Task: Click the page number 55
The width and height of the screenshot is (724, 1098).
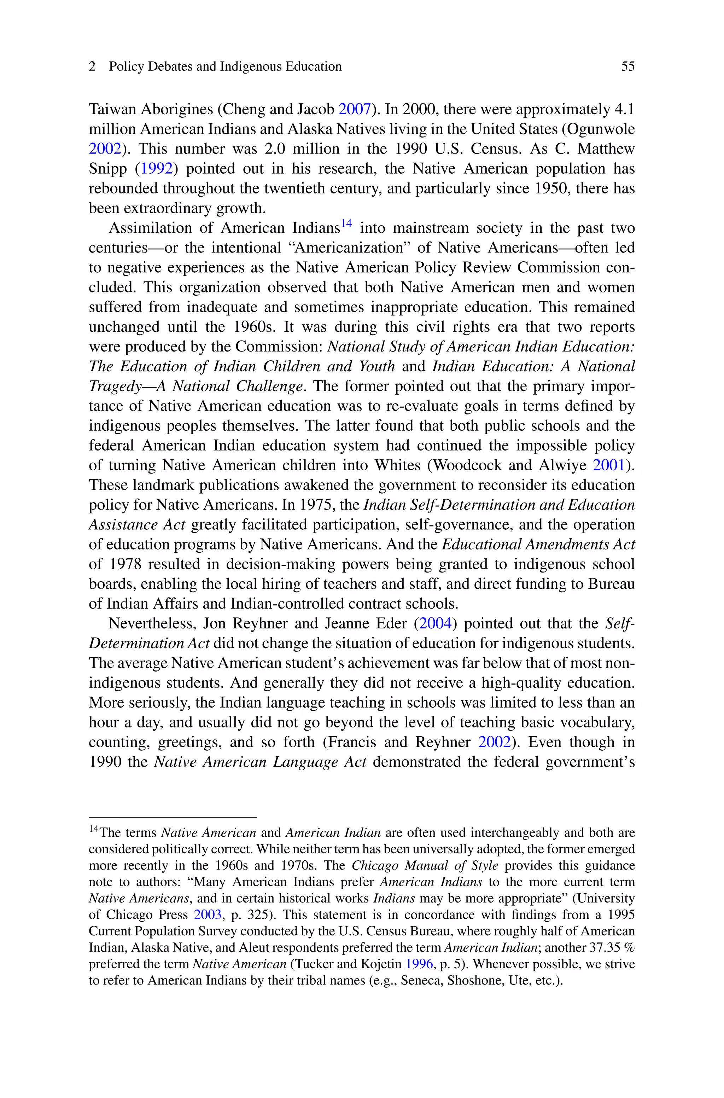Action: click(x=627, y=66)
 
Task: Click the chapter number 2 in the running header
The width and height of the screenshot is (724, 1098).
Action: click(x=92, y=66)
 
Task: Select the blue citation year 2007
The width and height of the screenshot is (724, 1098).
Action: click(x=355, y=109)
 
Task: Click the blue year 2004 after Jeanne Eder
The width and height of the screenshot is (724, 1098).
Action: click(x=435, y=624)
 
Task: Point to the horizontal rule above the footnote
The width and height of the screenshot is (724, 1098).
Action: click(x=173, y=817)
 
